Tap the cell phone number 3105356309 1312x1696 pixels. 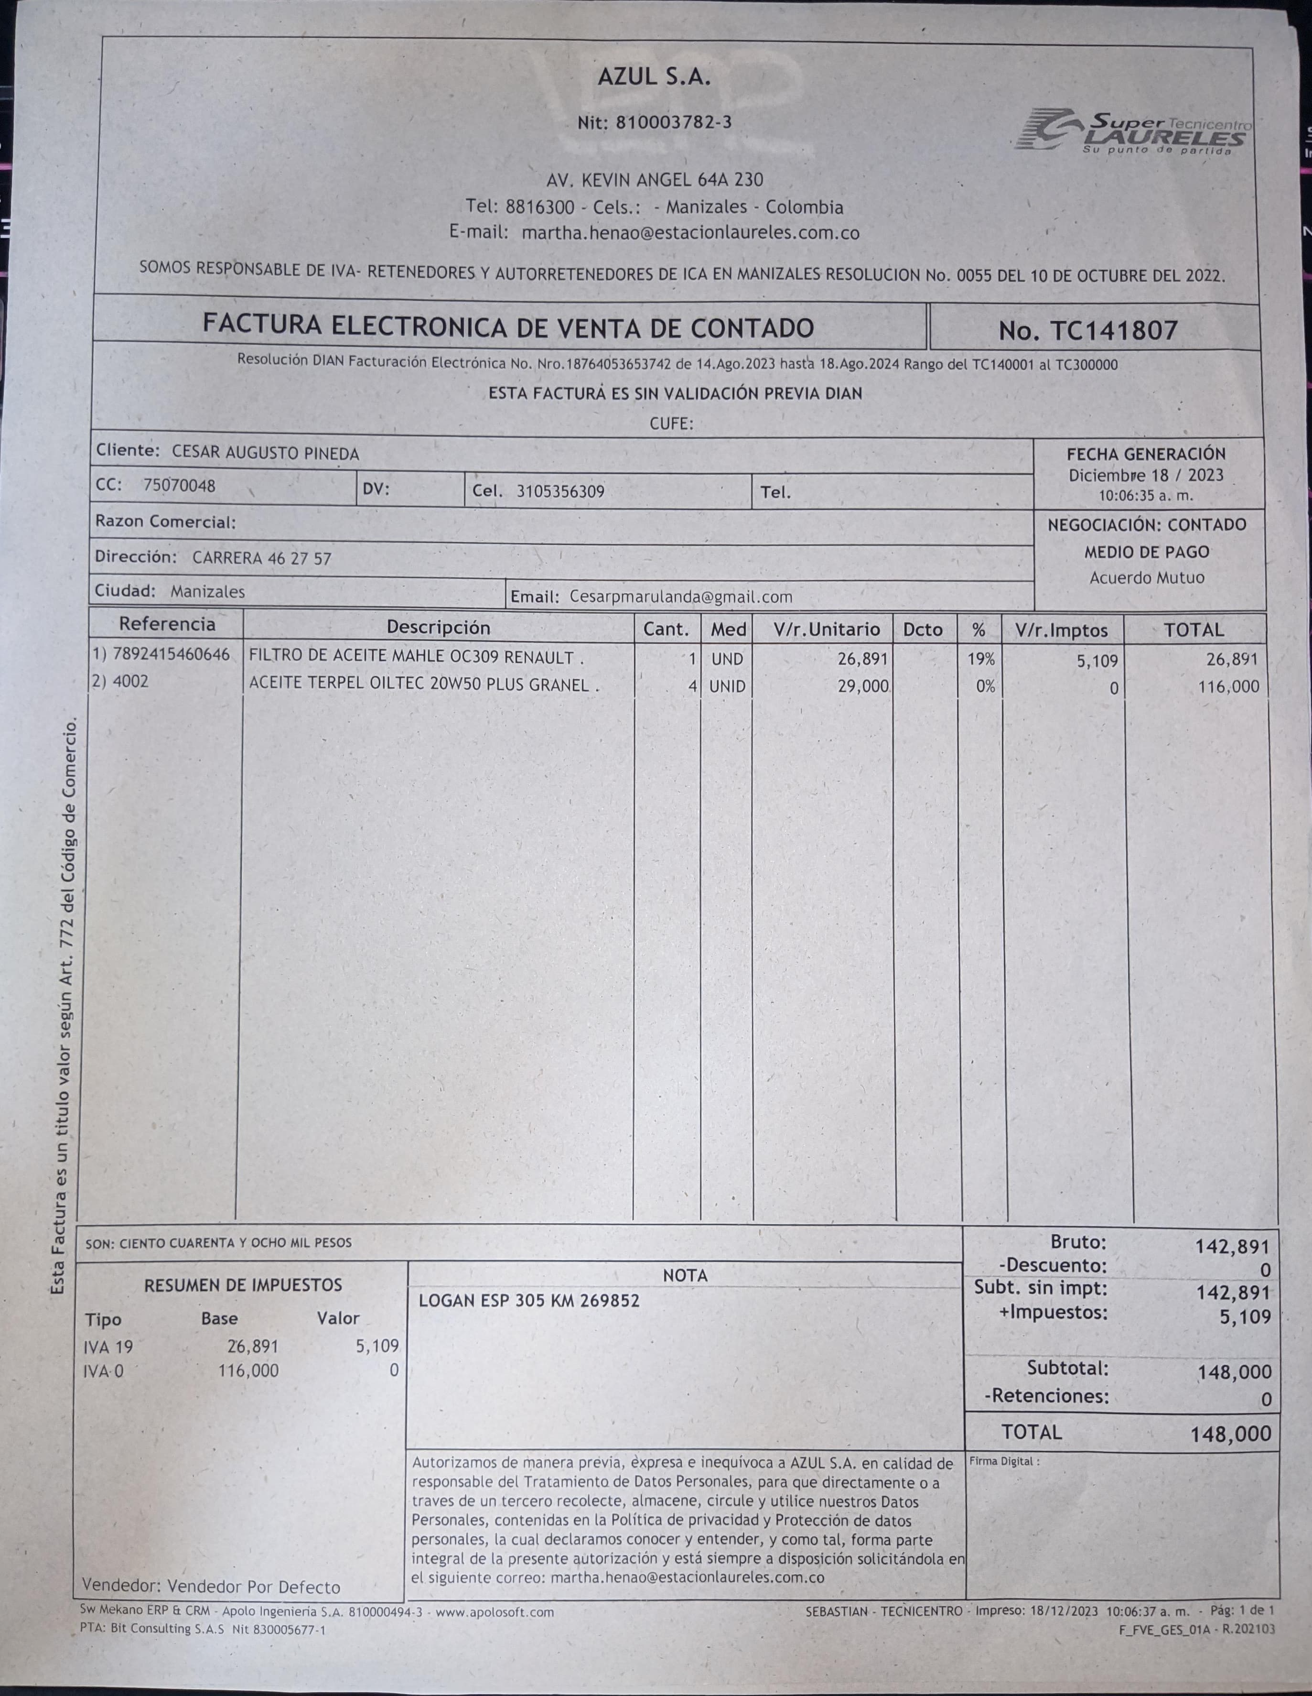[560, 491]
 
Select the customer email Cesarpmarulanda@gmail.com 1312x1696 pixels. [681, 597]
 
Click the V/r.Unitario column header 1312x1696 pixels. [826, 629]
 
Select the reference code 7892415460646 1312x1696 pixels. [171, 654]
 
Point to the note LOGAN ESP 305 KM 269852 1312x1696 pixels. [529, 1301]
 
